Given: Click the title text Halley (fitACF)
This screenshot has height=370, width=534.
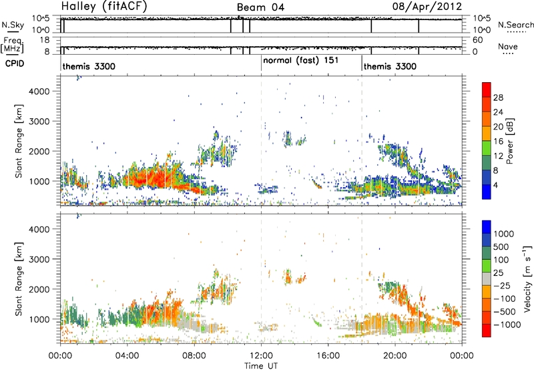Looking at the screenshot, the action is tap(104, 6).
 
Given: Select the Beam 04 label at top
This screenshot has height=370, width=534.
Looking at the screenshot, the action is tap(260, 7).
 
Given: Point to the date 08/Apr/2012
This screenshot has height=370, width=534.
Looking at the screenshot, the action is tap(427, 7).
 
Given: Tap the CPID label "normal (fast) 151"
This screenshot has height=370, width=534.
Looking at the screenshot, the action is tap(301, 61).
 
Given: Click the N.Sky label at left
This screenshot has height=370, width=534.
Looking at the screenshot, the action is tap(13, 25).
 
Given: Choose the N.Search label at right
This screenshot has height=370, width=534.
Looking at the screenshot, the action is tap(515, 25).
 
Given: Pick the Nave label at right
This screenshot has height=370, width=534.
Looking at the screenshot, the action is tap(508, 47).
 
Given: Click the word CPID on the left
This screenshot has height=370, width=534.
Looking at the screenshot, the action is tap(15, 63).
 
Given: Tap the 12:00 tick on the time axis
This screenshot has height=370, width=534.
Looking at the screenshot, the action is tap(261, 356).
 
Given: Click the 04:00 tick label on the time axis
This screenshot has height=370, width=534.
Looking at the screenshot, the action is tap(127, 356).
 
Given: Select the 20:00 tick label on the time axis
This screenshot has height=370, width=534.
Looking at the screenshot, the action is tap(395, 356).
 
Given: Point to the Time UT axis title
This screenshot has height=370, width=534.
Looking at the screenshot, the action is tap(261, 366).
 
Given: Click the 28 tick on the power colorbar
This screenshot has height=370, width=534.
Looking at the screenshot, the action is tap(498, 98).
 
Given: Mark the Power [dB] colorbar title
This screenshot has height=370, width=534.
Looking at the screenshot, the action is tap(509, 141).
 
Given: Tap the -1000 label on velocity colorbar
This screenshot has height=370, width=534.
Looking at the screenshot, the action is tap(507, 325).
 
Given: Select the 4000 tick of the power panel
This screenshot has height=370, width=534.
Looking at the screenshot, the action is tap(39, 91).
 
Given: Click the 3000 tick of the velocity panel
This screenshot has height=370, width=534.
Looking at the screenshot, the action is tap(39, 259).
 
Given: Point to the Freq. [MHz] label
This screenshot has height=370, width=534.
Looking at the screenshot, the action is tap(12, 45).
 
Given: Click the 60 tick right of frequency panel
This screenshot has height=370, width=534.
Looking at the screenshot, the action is tap(478, 40).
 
